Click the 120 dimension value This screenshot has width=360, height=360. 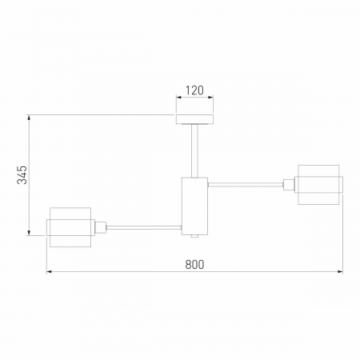[195, 90]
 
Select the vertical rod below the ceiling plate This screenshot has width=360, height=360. [195, 150]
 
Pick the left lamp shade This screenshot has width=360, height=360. [70, 226]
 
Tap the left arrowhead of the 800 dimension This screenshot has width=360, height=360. [50, 272]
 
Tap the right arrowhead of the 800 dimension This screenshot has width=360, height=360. [339, 272]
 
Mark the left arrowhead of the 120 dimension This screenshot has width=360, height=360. [179, 98]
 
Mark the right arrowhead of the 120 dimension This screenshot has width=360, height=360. [212, 98]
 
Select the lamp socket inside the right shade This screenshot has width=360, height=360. [291, 184]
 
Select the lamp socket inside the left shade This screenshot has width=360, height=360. [99, 226]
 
